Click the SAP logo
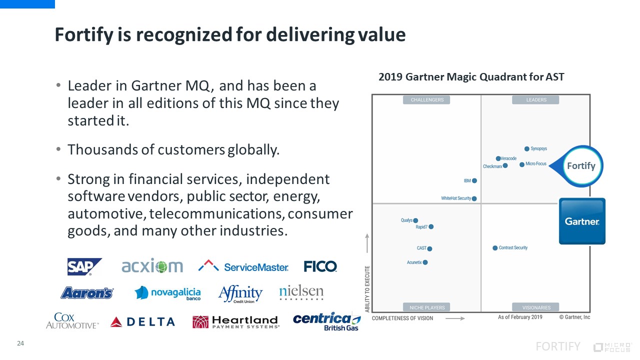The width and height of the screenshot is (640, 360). [x=84, y=266]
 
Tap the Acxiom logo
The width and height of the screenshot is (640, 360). [x=152, y=266]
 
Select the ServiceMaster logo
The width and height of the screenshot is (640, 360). [x=243, y=266]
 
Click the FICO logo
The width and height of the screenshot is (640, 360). [x=320, y=266]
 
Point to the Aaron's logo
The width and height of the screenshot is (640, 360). [x=87, y=293]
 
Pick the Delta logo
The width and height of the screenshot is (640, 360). [x=142, y=321]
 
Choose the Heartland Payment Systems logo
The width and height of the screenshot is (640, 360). [x=235, y=321]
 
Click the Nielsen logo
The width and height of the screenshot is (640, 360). [x=301, y=292]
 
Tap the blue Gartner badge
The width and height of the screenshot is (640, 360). [x=582, y=221]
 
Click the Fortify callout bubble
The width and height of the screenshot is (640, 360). [x=580, y=165]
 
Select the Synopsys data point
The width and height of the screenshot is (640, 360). [x=527, y=148]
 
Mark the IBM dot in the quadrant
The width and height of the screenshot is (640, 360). [x=474, y=180]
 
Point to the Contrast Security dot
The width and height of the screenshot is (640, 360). [x=495, y=248]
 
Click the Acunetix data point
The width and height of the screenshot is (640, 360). [x=425, y=262]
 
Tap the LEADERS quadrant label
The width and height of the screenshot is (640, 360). [x=536, y=100]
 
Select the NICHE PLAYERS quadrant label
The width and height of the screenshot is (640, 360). [x=426, y=307]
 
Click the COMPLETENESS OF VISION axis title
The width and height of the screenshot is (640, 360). [x=402, y=318]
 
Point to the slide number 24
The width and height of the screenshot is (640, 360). [x=20, y=343]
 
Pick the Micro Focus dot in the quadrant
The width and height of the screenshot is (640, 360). [x=522, y=164]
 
